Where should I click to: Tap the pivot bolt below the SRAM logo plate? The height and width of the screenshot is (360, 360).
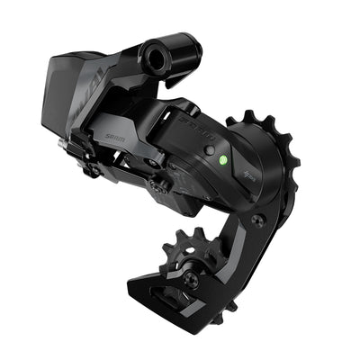[x=161, y=187]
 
